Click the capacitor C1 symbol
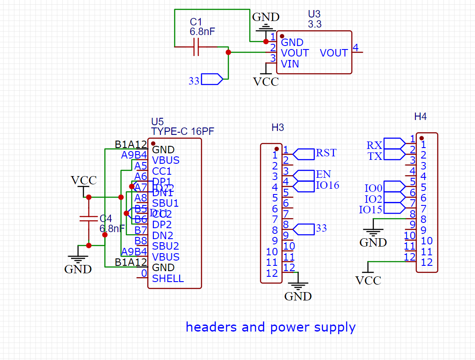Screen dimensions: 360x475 (x=196, y=46)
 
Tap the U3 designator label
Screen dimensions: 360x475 (x=314, y=15)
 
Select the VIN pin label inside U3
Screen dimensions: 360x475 (x=290, y=64)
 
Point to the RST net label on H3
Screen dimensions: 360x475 (x=326, y=153)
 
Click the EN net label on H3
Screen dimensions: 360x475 (x=323, y=175)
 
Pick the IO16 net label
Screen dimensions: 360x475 (x=327, y=185)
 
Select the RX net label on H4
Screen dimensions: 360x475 (x=374, y=145)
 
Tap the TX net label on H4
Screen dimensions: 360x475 (x=375, y=156)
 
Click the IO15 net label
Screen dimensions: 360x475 (x=370, y=210)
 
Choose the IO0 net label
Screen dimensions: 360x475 (x=373, y=188)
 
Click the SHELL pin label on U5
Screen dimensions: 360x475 (x=168, y=279)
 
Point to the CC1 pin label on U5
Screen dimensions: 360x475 (x=162, y=171)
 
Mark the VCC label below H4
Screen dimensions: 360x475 (x=368, y=280)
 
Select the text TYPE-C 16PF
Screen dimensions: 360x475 (x=182, y=131)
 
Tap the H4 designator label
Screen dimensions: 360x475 (x=420, y=116)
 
